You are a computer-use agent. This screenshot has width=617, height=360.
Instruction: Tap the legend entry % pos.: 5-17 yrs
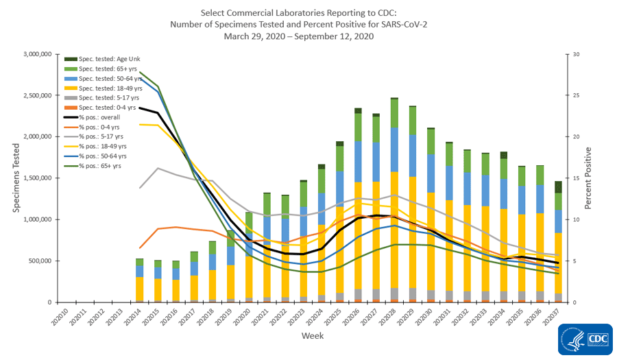[x=103, y=136]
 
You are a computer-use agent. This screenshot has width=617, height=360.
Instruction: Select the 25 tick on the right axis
[x=577, y=95]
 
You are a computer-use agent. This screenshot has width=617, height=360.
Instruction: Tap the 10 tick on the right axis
[x=577, y=219]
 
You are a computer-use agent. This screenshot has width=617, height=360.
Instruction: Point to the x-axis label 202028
[x=394, y=320]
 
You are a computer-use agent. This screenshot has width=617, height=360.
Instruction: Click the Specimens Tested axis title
[x=15, y=178]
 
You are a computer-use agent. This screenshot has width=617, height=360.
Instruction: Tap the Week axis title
[x=312, y=337]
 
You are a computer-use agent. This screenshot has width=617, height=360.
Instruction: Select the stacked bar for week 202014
[x=140, y=280]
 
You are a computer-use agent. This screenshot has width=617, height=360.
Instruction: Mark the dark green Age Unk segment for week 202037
[x=559, y=187]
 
